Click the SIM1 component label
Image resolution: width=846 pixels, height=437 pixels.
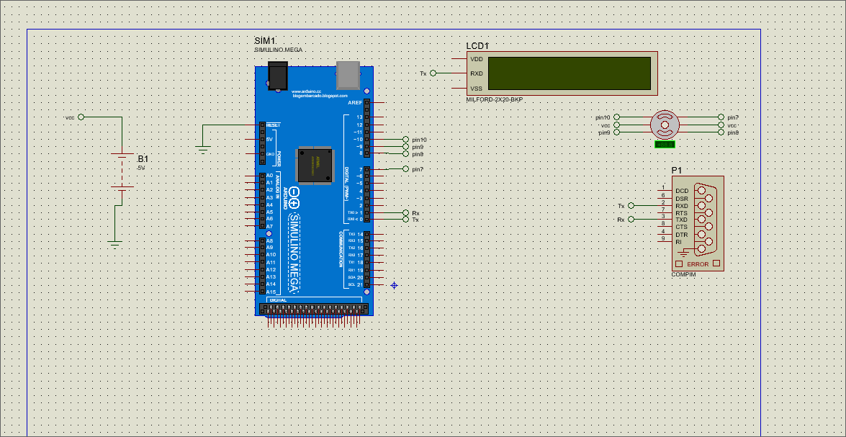pos(265,40)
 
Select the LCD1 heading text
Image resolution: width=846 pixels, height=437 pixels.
pos(477,45)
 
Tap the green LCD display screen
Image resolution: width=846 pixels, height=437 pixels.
pos(569,73)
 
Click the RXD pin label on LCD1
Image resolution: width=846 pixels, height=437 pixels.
pos(477,73)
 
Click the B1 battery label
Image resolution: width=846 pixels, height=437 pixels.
pos(143,158)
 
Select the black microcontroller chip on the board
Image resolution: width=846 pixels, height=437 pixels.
pos(315,166)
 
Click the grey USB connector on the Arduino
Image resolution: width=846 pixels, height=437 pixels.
pos(348,74)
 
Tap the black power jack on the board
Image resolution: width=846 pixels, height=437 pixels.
pos(277,75)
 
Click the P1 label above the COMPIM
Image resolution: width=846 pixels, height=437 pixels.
pos(676,170)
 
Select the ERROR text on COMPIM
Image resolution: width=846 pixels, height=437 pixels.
pos(698,264)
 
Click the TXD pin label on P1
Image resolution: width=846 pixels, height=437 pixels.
pos(681,220)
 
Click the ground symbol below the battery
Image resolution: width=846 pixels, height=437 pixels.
pos(114,243)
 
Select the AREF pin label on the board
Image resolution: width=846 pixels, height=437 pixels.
pos(355,103)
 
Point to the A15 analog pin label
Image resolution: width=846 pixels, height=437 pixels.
pos(271,292)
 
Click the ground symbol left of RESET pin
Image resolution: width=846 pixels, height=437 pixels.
pos(203,148)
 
